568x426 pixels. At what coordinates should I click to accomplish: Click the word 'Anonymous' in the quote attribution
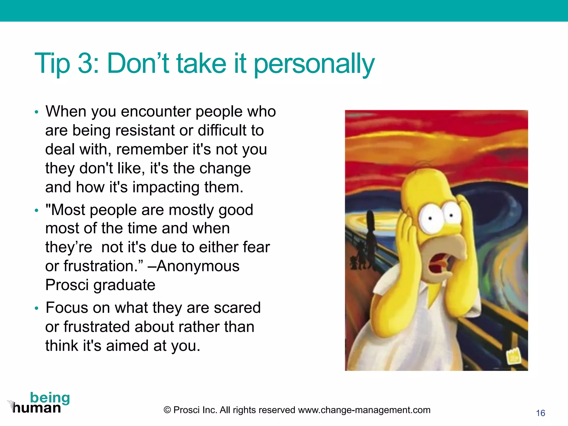click(x=198, y=266)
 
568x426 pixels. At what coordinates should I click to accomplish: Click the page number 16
click(x=541, y=413)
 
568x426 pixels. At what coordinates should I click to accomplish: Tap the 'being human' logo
click(x=39, y=403)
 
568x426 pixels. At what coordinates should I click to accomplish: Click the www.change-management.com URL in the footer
click(x=364, y=410)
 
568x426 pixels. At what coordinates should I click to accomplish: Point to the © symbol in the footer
click(x=167, y=410)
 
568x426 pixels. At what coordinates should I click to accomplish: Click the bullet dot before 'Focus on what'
click(x=36, y=308)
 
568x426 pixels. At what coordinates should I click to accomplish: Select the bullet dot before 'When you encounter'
click(x=36, y=112)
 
